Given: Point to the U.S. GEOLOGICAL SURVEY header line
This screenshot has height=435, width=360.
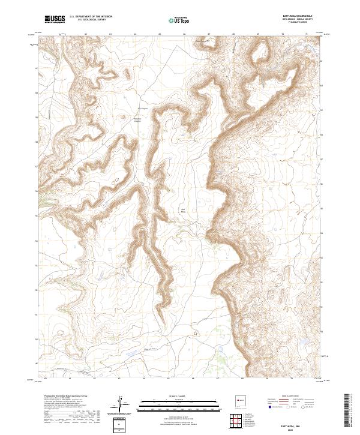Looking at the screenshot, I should [88, 21].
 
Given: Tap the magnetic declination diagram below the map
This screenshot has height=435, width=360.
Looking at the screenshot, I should [122, 404].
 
